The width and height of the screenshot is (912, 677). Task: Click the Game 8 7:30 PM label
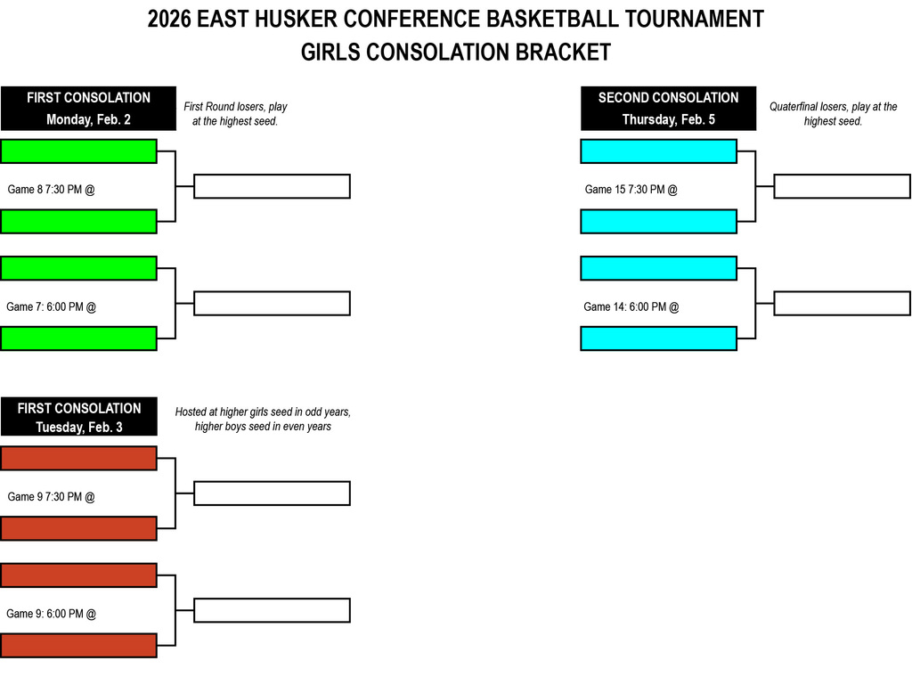(51, 190)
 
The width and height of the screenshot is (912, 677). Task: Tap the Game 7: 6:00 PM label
(51, 307)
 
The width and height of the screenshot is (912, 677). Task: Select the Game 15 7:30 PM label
(631, 190)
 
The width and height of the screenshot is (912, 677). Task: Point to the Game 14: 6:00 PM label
(631, 307)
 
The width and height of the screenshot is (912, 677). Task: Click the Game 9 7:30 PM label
(51, 497)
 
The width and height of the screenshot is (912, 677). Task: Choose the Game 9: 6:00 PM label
(51, 614)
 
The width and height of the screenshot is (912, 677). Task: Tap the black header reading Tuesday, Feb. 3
(79, 417)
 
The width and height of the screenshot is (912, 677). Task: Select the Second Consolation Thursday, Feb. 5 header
(668, 109)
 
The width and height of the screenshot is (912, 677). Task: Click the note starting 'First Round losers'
(235, 114)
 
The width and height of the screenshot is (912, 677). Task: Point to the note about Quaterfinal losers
(833, 114)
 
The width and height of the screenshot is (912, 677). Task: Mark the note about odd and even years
(263, 420)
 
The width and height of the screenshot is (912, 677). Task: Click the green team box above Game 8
(78, 151)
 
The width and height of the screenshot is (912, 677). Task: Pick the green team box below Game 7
(78, 338)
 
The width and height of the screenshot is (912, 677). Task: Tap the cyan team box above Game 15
(658, 151)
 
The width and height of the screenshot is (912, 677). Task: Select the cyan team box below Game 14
(658, 338)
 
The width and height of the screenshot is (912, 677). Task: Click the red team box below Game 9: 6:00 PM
(78, 645)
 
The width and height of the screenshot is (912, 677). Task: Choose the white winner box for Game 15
(842, 186)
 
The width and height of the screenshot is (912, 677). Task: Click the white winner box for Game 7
(272, 303)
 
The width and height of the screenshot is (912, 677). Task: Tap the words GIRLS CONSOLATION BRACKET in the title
(456, 53)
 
